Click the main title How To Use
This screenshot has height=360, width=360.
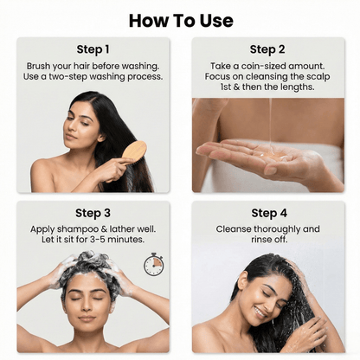click(180, 20)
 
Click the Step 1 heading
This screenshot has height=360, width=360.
click(93, 49)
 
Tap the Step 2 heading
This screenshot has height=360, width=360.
click(267, 49)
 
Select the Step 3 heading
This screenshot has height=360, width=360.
click(93, 213)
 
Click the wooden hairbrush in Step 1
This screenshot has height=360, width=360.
click(134, 151)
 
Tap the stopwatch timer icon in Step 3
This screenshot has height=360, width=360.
click(153, 264)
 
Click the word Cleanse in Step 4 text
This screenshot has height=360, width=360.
click(235, 229)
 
